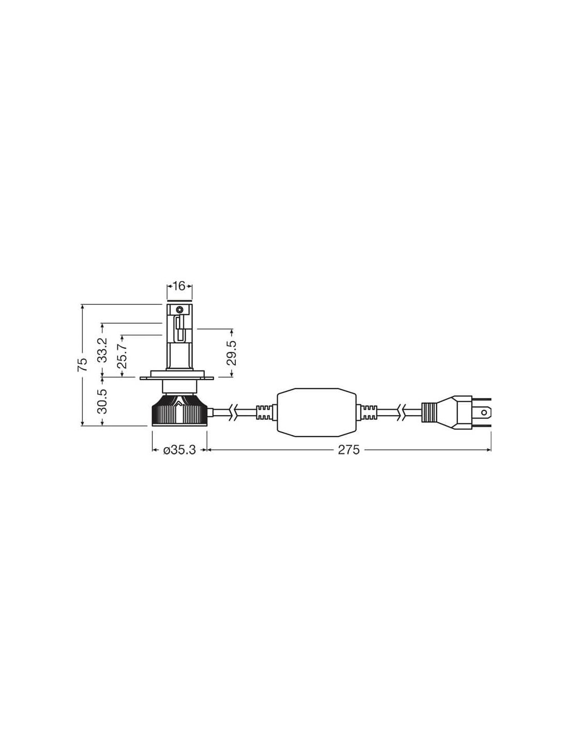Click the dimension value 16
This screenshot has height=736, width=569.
[179, 286]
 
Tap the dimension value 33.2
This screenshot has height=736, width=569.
[102, 350]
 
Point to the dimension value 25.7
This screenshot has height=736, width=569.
[122, 356]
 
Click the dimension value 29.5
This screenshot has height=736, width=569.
[232, 353]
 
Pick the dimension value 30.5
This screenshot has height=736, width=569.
[102, 401]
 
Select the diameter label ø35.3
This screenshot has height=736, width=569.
[179, 450]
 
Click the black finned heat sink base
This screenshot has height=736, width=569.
[179, 411]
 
